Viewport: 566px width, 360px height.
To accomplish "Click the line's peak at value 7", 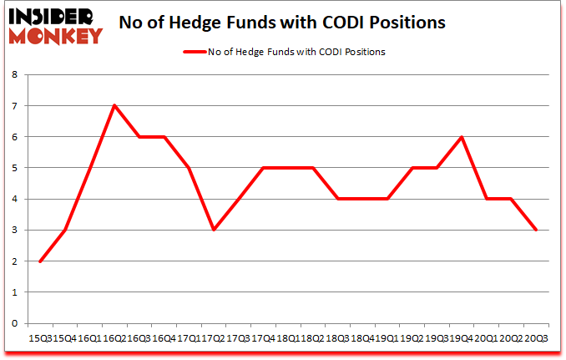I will (x=114, y=105).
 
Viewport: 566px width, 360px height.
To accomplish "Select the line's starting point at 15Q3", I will (x=39, y=261).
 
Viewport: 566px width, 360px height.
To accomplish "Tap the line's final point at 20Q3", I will (x=536, y=231).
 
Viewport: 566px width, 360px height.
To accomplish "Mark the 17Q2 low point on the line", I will (x=213, y=231).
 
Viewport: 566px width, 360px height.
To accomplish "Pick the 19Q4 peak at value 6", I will (x=462, y=137).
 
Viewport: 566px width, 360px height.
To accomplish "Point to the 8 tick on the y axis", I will (x=14, y=74).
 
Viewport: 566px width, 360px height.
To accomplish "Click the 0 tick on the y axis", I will (x=14, y=324).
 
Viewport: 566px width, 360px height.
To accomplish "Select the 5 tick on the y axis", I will (x=14, y=168).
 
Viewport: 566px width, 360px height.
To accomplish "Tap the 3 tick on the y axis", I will (x=14, y=231).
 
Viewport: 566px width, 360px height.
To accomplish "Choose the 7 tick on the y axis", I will (x=14, y=106).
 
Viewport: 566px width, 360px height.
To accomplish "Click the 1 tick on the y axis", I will (x=14, y=293).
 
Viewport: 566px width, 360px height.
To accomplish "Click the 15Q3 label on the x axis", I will (x=39, y=339).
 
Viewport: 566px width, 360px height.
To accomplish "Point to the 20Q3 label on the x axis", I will (x=536, y=339).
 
